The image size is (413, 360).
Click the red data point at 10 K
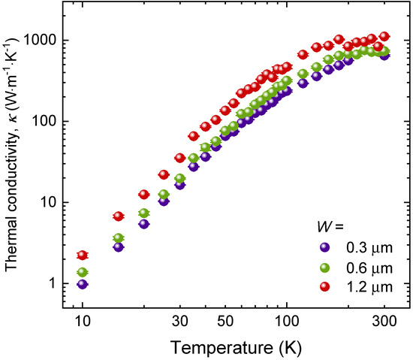point(83,255)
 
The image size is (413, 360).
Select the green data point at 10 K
point(83,272)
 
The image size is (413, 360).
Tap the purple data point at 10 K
point(83,284)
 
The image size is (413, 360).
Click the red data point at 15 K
point(118,216)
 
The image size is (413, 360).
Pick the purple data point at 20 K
point(144,224)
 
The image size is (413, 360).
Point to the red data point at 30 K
point(179,158)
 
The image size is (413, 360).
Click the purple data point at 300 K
point(384,55)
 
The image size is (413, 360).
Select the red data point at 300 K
point(384,36)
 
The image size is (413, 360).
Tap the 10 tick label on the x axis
point(83,321)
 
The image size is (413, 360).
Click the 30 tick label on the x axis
point(179,321)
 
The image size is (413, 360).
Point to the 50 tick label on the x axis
point(225,321)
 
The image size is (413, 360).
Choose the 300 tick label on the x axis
point(384,321)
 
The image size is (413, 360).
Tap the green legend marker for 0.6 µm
point(323,267)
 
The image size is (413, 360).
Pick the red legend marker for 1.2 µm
point(323,286)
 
